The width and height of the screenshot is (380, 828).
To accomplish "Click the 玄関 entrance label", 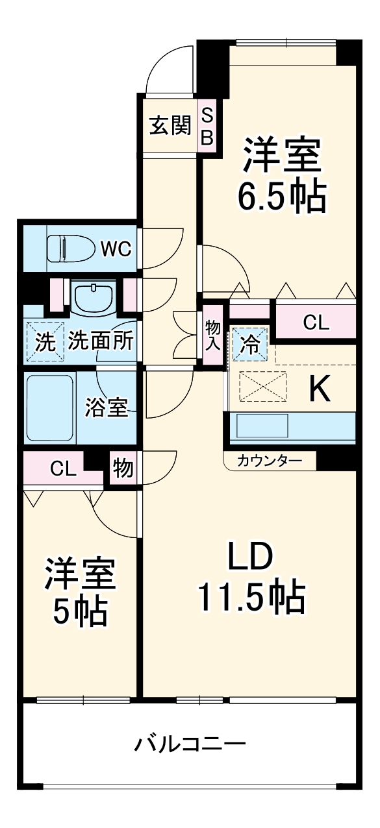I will pyautogui.click(x=170, y=125).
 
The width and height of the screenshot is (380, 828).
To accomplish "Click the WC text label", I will pyautogui.click(x=117, y=248).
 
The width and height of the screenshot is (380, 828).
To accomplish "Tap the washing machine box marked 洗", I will pyautogui.click(x=45, y=341).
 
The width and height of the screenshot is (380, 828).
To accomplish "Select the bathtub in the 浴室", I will pyautogui.click(x=50, y=407).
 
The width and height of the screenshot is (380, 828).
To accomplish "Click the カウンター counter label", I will pyautogui.click(x=269, y=461).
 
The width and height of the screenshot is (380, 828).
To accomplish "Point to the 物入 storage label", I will pyautogui.click(x=212, y=335).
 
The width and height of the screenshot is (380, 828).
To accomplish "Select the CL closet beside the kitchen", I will pyautogui.click(x=316, y=323).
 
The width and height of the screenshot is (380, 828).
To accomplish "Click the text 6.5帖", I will pyautogui.click(x=281, y=195).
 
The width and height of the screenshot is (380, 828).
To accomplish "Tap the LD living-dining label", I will pyautogui.click(x=250, y=557).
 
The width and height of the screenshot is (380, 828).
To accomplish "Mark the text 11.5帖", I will pyautogui.click(x=250, y=598).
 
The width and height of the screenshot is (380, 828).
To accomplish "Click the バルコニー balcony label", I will pyautogui.click(x=190, y=743).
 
